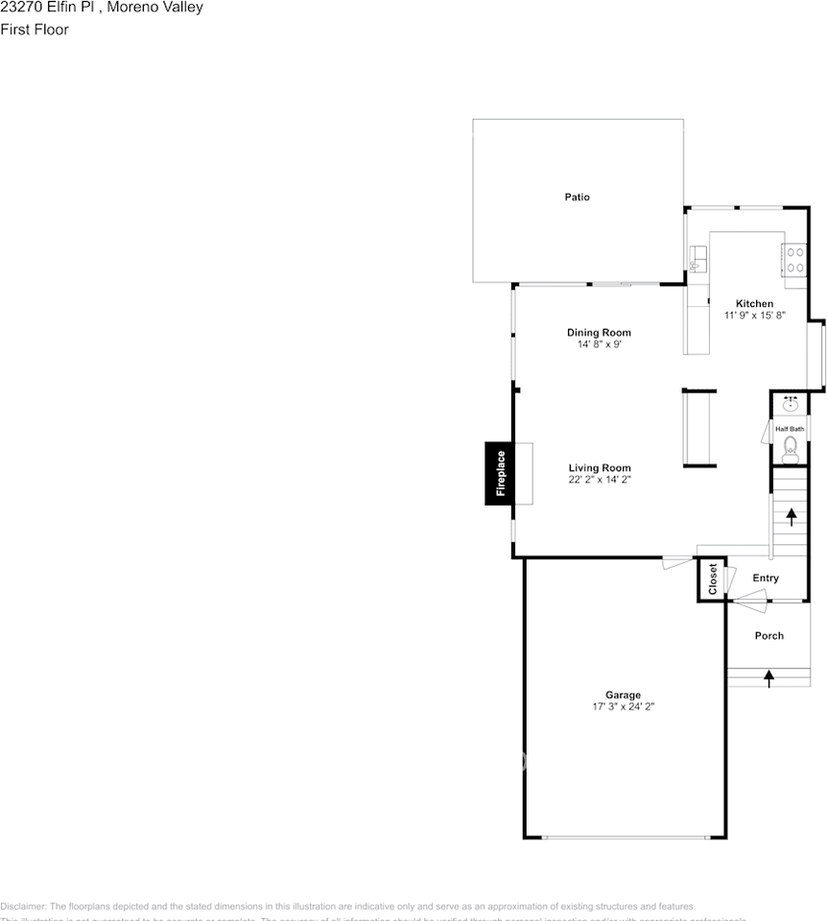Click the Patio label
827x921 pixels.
coord(577,197)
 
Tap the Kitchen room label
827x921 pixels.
coord(754,303)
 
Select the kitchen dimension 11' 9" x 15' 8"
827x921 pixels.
coord(754,316)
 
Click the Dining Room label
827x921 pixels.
coord(599,333)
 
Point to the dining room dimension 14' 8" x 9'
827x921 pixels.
coord(599,344)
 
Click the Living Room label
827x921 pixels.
coord(599,468)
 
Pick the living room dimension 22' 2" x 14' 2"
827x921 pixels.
coord(599,480)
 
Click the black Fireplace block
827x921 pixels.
coord(498,473)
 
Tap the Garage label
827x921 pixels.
coord(623,695)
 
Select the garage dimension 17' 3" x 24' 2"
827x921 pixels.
coord(623,706)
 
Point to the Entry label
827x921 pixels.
coord(766,578)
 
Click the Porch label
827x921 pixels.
coord(768,635)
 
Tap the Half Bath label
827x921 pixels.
coord(790,429)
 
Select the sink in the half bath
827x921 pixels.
coord(791,405)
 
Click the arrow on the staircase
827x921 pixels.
coord(792,517)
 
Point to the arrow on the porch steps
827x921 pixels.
coord(768,678)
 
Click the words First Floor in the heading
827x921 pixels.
coord(35,30)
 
